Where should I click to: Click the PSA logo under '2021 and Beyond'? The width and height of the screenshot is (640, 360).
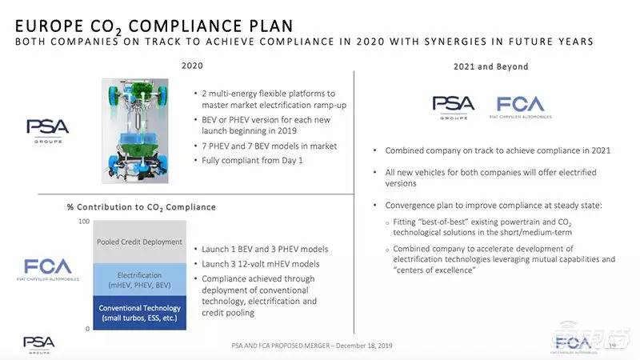(454, 106)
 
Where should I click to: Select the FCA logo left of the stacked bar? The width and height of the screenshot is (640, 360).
(48, 269)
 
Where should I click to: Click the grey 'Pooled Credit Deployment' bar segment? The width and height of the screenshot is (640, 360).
(140, 242)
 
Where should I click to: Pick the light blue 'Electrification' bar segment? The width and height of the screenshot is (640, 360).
(140, 280)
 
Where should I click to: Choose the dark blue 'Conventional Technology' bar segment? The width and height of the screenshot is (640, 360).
(140, 313)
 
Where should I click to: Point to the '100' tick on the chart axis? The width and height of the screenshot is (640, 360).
(84, 221)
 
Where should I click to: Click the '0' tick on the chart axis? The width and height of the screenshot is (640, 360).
(87, 329)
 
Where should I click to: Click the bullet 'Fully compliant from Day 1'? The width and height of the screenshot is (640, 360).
(249, 160)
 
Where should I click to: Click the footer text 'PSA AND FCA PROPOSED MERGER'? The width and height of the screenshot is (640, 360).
(289, 346)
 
